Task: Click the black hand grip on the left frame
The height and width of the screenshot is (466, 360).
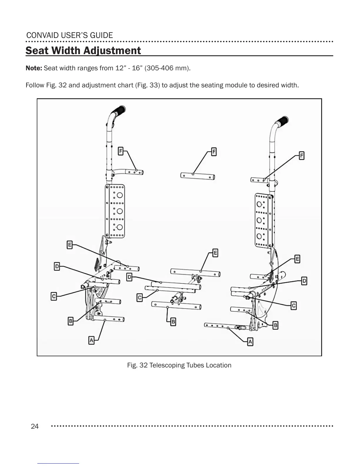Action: [x=119, y=111]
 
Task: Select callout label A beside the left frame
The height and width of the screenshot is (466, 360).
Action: [x=91, y=340]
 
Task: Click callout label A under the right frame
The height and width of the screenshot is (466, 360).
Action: [x=250, y=342]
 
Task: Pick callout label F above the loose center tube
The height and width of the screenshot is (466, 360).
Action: [x=214, y=152]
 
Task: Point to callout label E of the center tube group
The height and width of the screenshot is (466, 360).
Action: [x=215, y=253]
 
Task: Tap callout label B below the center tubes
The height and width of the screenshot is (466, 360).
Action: [x=173, y=322]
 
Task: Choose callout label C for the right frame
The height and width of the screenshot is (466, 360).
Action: [x=294, y=306]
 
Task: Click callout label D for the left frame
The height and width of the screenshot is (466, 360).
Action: [x=57, y=267]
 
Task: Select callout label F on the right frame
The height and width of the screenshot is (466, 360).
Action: [x=301, y=155]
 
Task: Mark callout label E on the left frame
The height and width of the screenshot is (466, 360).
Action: [x=70, y=245]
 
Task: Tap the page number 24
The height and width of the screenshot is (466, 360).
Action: [x=35, y=426]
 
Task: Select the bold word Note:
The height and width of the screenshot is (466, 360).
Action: [x=34, y=68]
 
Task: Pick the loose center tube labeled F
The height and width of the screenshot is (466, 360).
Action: [x=198, y=176]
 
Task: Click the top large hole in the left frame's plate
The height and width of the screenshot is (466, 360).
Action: [x=119, y=195]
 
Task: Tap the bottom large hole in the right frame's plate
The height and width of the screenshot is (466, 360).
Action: [x=259, y=236]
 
